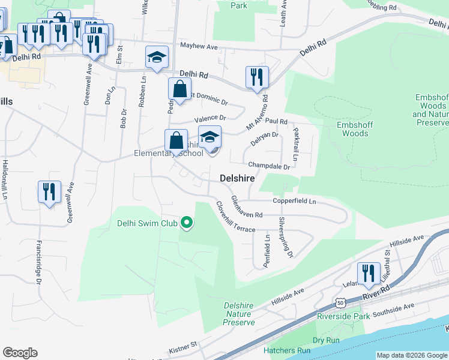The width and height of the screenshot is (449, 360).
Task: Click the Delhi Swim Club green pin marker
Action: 187,224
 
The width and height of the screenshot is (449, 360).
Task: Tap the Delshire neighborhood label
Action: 237,178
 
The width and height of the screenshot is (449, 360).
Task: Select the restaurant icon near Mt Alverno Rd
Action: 256,77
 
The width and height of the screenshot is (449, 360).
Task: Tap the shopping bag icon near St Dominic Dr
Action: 179,89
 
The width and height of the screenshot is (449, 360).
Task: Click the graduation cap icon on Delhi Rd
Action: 157,58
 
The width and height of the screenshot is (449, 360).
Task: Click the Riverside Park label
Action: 343,316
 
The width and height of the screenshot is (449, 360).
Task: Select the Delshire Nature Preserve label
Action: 239,313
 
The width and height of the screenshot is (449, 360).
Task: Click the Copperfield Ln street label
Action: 294,202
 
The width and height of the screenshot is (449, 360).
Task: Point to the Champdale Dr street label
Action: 270,165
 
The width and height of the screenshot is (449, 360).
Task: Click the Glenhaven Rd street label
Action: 247,207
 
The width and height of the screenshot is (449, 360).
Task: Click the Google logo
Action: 20,353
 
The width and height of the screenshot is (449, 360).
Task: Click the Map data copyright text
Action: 412,355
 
